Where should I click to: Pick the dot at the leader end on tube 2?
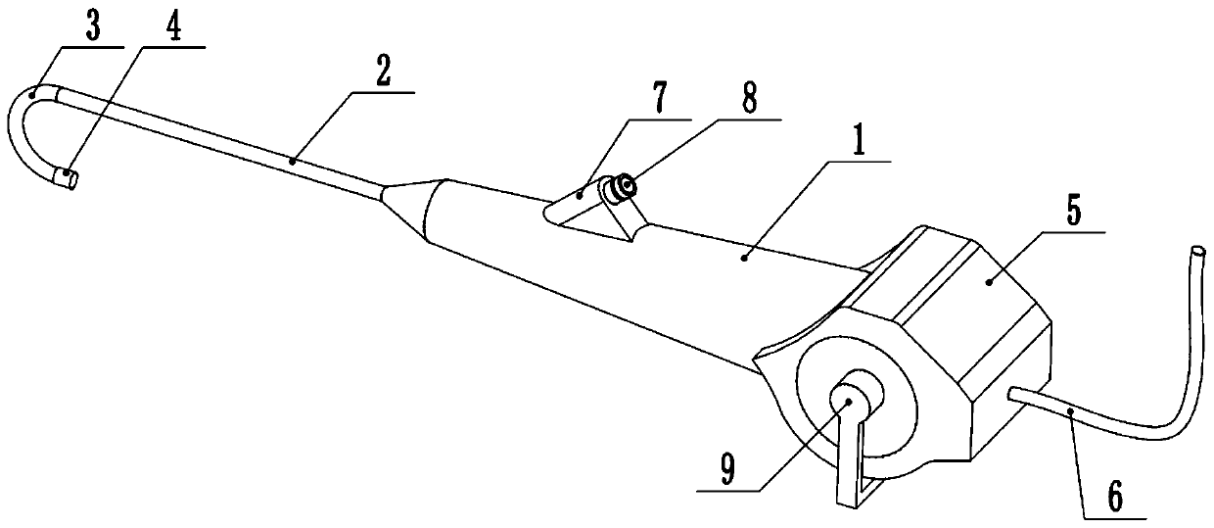click(x=293, y=158)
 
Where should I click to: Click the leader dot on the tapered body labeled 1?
click(x=744, y=257)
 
